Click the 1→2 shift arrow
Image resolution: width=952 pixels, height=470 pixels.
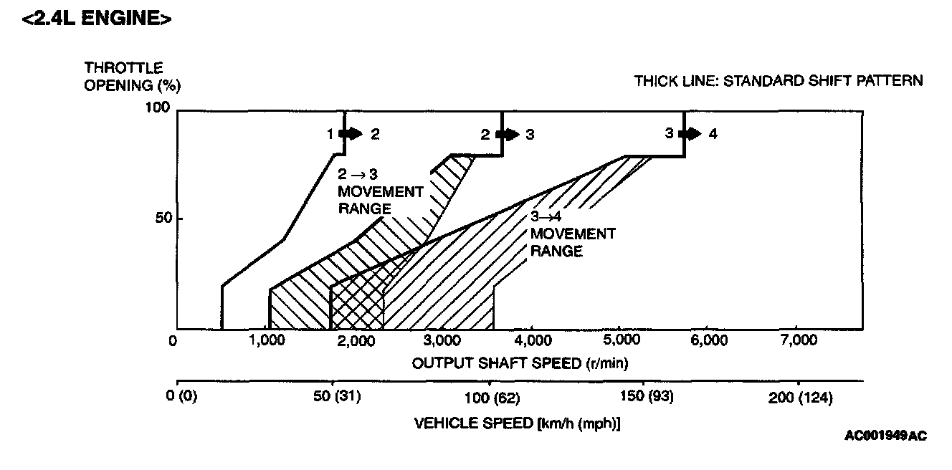(351, 133)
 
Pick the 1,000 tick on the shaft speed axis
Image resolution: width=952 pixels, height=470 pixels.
(266, 340)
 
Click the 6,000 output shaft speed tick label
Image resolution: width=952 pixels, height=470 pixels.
(708, 340)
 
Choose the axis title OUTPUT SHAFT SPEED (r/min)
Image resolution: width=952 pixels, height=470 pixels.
(520, 363)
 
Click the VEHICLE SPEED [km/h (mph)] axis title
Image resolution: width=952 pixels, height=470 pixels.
(518, 423)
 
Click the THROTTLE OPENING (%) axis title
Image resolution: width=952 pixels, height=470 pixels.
(132, 77)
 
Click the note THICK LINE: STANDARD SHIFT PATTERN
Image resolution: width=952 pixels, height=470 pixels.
(779, 81)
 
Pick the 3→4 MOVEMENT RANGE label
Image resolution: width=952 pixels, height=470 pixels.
(572, 234)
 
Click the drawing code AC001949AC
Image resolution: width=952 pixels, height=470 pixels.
(885, 436)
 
